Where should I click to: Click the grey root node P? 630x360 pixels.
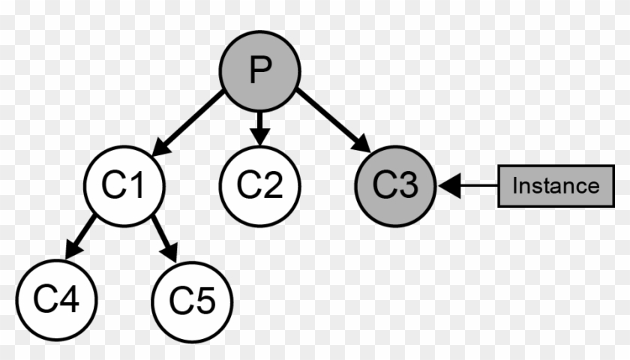(259, 72)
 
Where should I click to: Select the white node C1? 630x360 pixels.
(124, 186)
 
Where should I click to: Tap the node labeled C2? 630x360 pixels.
(259, 186)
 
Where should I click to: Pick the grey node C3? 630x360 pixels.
(395, 186)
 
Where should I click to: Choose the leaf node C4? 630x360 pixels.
(55, 301)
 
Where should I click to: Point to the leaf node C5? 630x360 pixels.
(192, 301)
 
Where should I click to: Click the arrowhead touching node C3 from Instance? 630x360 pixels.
(448, 185)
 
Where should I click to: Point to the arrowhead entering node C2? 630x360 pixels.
(259, 137)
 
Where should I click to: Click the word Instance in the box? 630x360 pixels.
(556, 185)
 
